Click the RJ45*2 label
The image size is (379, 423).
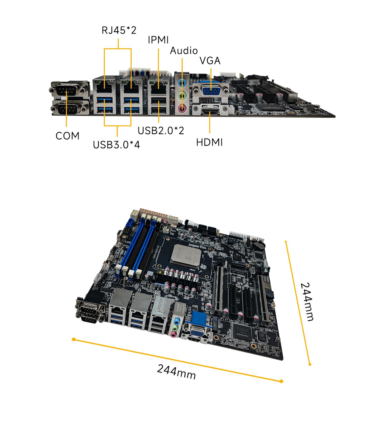tap(119, 30)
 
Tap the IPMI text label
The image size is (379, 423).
tap(158, 40)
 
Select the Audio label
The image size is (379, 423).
tap(184, 51)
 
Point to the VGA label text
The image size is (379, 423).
tap(210, 61)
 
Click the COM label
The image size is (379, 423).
tap(67, 136)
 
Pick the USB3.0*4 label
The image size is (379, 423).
tap(116, 145)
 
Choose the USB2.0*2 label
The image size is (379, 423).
tap(161, 130)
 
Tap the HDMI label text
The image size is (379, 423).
tap(209, 143)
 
